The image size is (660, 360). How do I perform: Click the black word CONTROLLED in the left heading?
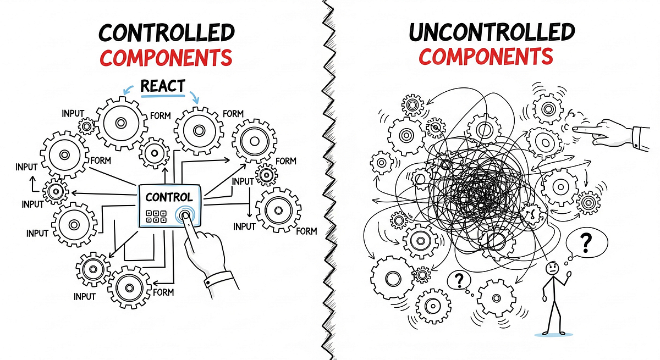[x=167, y=32]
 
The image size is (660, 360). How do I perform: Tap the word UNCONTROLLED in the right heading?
[x=492, y=32]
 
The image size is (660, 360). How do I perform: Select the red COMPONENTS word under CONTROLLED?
[x=166, y=58]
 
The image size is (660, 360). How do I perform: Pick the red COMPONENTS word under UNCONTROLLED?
[x=486, y=56]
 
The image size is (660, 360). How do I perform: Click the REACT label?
[x=163, y=86]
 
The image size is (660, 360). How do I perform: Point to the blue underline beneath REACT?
[x=163, y=96]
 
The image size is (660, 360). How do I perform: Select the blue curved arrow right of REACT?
[x=195, y=97]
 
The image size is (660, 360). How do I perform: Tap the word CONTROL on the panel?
[x=169, y=197]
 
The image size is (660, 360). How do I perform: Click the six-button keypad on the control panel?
[x=156, y=217]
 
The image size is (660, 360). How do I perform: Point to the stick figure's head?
[x=552, y=268]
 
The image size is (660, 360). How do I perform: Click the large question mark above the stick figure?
[x=586, y=243]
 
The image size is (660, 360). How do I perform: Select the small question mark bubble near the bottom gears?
[x=459, y=280]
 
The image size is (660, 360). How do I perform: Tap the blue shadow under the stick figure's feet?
[x=554, y=334]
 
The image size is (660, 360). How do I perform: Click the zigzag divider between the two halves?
[x=328, y=180]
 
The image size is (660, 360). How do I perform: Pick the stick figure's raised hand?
[x=569, y=275]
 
